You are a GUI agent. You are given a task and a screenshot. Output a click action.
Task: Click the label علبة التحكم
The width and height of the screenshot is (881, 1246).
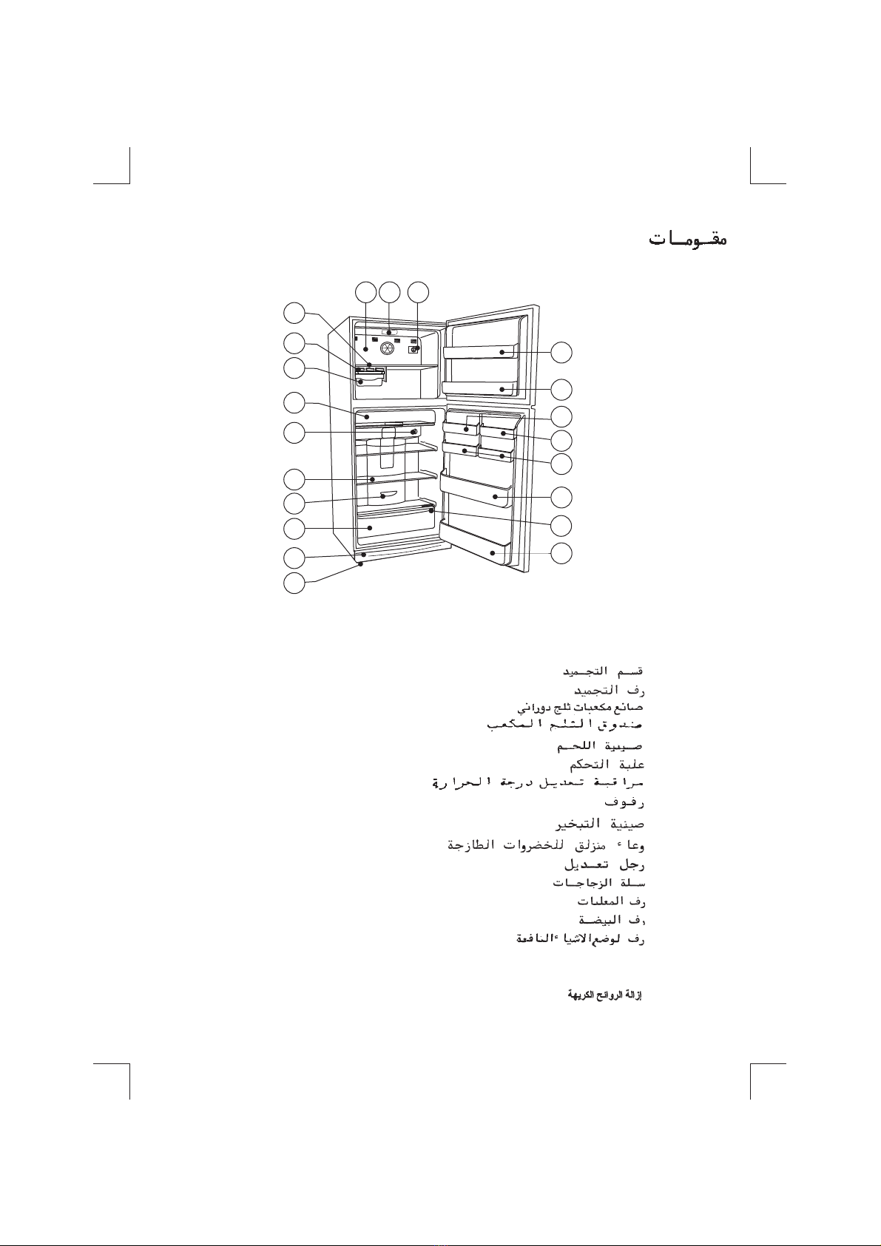(607, 763)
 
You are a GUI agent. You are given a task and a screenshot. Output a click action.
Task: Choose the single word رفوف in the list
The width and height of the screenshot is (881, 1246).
(625, 802)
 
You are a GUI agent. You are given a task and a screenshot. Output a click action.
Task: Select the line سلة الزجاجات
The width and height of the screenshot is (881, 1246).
(599, 883)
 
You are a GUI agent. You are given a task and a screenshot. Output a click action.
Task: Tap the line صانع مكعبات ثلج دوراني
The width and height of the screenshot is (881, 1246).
(580, 708)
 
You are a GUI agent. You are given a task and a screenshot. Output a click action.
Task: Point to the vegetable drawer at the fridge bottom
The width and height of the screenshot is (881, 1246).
(396, 526)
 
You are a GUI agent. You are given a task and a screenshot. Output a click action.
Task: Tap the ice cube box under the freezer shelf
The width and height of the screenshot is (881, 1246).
(370, 380)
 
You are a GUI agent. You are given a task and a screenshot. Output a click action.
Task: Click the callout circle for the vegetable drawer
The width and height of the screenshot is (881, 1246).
(294, 529)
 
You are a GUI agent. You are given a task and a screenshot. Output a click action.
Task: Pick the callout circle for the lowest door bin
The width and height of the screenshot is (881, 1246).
(562, 552)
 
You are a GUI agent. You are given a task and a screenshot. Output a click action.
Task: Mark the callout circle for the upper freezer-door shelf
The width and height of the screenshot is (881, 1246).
(562, 353)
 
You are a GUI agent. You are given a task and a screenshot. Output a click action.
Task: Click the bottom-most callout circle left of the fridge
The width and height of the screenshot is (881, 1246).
(294, 583)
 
